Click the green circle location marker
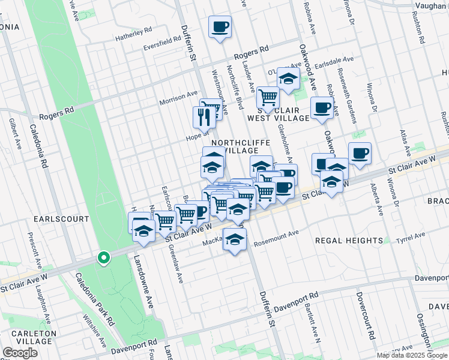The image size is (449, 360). coord(104,259)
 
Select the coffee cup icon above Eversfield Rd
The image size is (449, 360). coord(220,27)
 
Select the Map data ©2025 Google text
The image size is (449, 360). coord(411,355)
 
